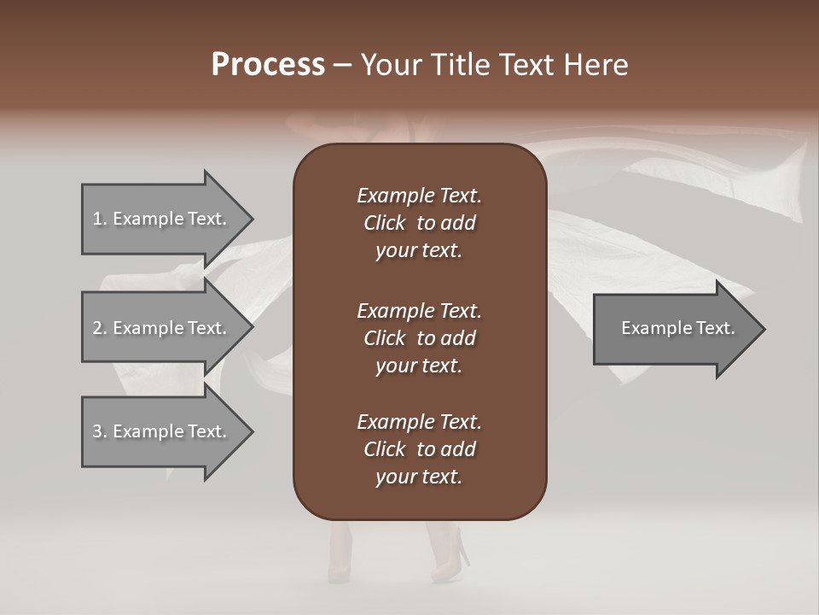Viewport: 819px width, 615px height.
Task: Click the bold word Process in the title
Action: pos(268,65)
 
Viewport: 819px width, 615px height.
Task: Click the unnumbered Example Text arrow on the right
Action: pos(674,328)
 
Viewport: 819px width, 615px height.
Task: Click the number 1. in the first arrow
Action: pos(100,219)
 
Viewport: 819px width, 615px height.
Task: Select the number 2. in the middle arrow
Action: pos(100,328)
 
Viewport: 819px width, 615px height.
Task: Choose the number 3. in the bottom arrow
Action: pos(100,431)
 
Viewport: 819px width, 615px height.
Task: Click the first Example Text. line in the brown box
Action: pos(419,196)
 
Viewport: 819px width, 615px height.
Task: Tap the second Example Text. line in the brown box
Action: pos(419,310)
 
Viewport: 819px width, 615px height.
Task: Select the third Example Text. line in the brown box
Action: pos(419,422)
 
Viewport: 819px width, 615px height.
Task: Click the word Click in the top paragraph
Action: pos(384,223)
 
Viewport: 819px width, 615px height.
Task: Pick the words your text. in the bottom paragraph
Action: pos(419,477)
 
